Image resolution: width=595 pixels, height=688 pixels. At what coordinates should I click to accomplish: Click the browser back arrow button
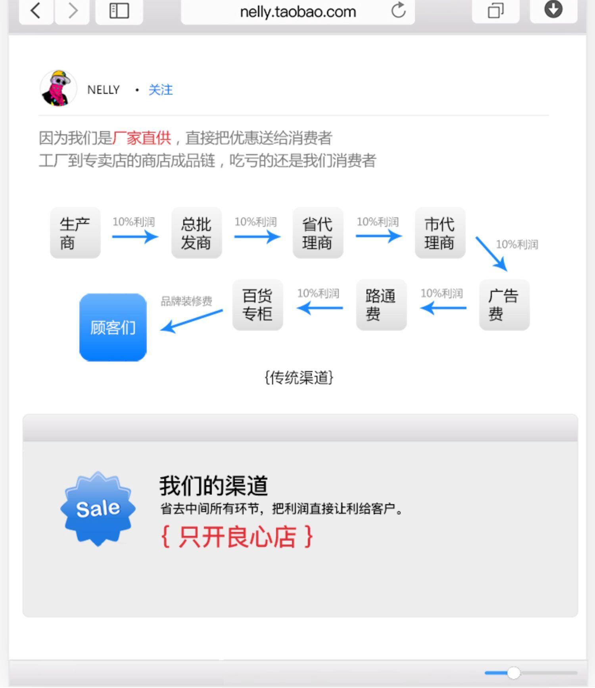36,11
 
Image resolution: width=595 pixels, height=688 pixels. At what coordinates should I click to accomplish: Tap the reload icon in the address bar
398,10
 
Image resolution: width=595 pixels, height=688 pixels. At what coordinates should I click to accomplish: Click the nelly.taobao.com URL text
298,12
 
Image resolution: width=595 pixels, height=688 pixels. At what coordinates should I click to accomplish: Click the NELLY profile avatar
58,88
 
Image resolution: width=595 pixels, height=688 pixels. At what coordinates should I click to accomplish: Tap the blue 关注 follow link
161,90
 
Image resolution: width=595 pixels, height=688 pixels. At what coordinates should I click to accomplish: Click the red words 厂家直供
142,138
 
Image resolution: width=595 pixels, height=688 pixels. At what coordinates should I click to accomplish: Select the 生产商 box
75,233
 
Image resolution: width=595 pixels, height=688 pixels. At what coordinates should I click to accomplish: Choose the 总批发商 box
196,233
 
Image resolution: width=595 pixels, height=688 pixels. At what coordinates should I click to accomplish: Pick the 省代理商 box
318,233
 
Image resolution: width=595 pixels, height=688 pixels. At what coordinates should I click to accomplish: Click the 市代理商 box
440,233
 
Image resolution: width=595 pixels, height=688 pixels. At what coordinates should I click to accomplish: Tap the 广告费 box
504,305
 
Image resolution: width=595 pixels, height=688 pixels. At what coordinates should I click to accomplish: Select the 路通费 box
381,305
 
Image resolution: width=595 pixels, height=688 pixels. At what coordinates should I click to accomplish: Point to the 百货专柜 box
257,305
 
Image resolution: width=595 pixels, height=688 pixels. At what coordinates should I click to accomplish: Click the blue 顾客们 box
113,328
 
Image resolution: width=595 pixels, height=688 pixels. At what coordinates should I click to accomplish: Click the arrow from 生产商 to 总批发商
135,237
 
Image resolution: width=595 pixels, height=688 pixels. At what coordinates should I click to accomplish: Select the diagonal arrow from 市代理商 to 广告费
491,254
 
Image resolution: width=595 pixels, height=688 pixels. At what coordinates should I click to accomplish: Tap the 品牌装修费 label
186,301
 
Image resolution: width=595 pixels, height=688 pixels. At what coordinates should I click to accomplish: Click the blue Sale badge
98,508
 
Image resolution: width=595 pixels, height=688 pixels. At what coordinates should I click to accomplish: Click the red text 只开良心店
237,537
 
